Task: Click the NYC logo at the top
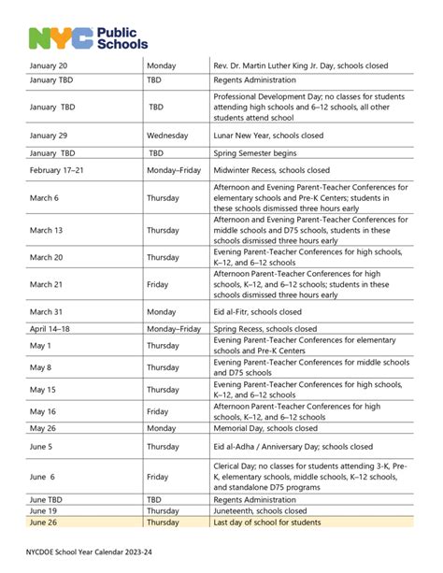60,37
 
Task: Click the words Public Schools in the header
122,36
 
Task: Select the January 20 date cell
49,64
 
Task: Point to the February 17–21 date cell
59,170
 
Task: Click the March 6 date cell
44,197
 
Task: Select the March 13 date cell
47,230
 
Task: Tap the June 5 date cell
43,447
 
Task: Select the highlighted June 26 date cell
45,523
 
